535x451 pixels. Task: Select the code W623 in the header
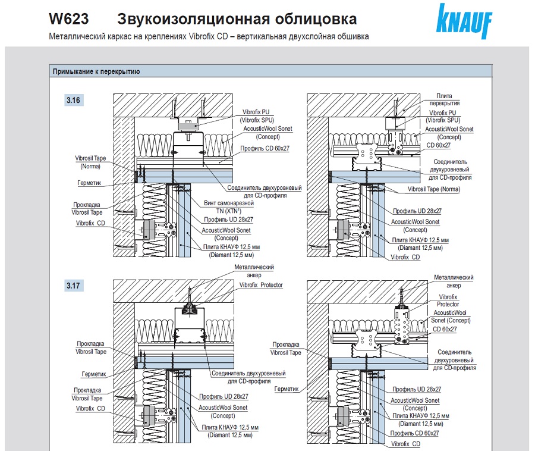(69, 19)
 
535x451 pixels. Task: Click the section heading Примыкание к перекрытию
(96, 72)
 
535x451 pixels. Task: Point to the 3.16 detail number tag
(73, 100)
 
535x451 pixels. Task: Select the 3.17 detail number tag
(73, 286)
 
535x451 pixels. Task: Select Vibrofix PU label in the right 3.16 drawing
(444, 112)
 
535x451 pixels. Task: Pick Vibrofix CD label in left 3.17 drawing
(90, 409)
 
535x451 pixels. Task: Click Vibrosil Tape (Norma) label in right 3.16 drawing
(434, 189)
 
